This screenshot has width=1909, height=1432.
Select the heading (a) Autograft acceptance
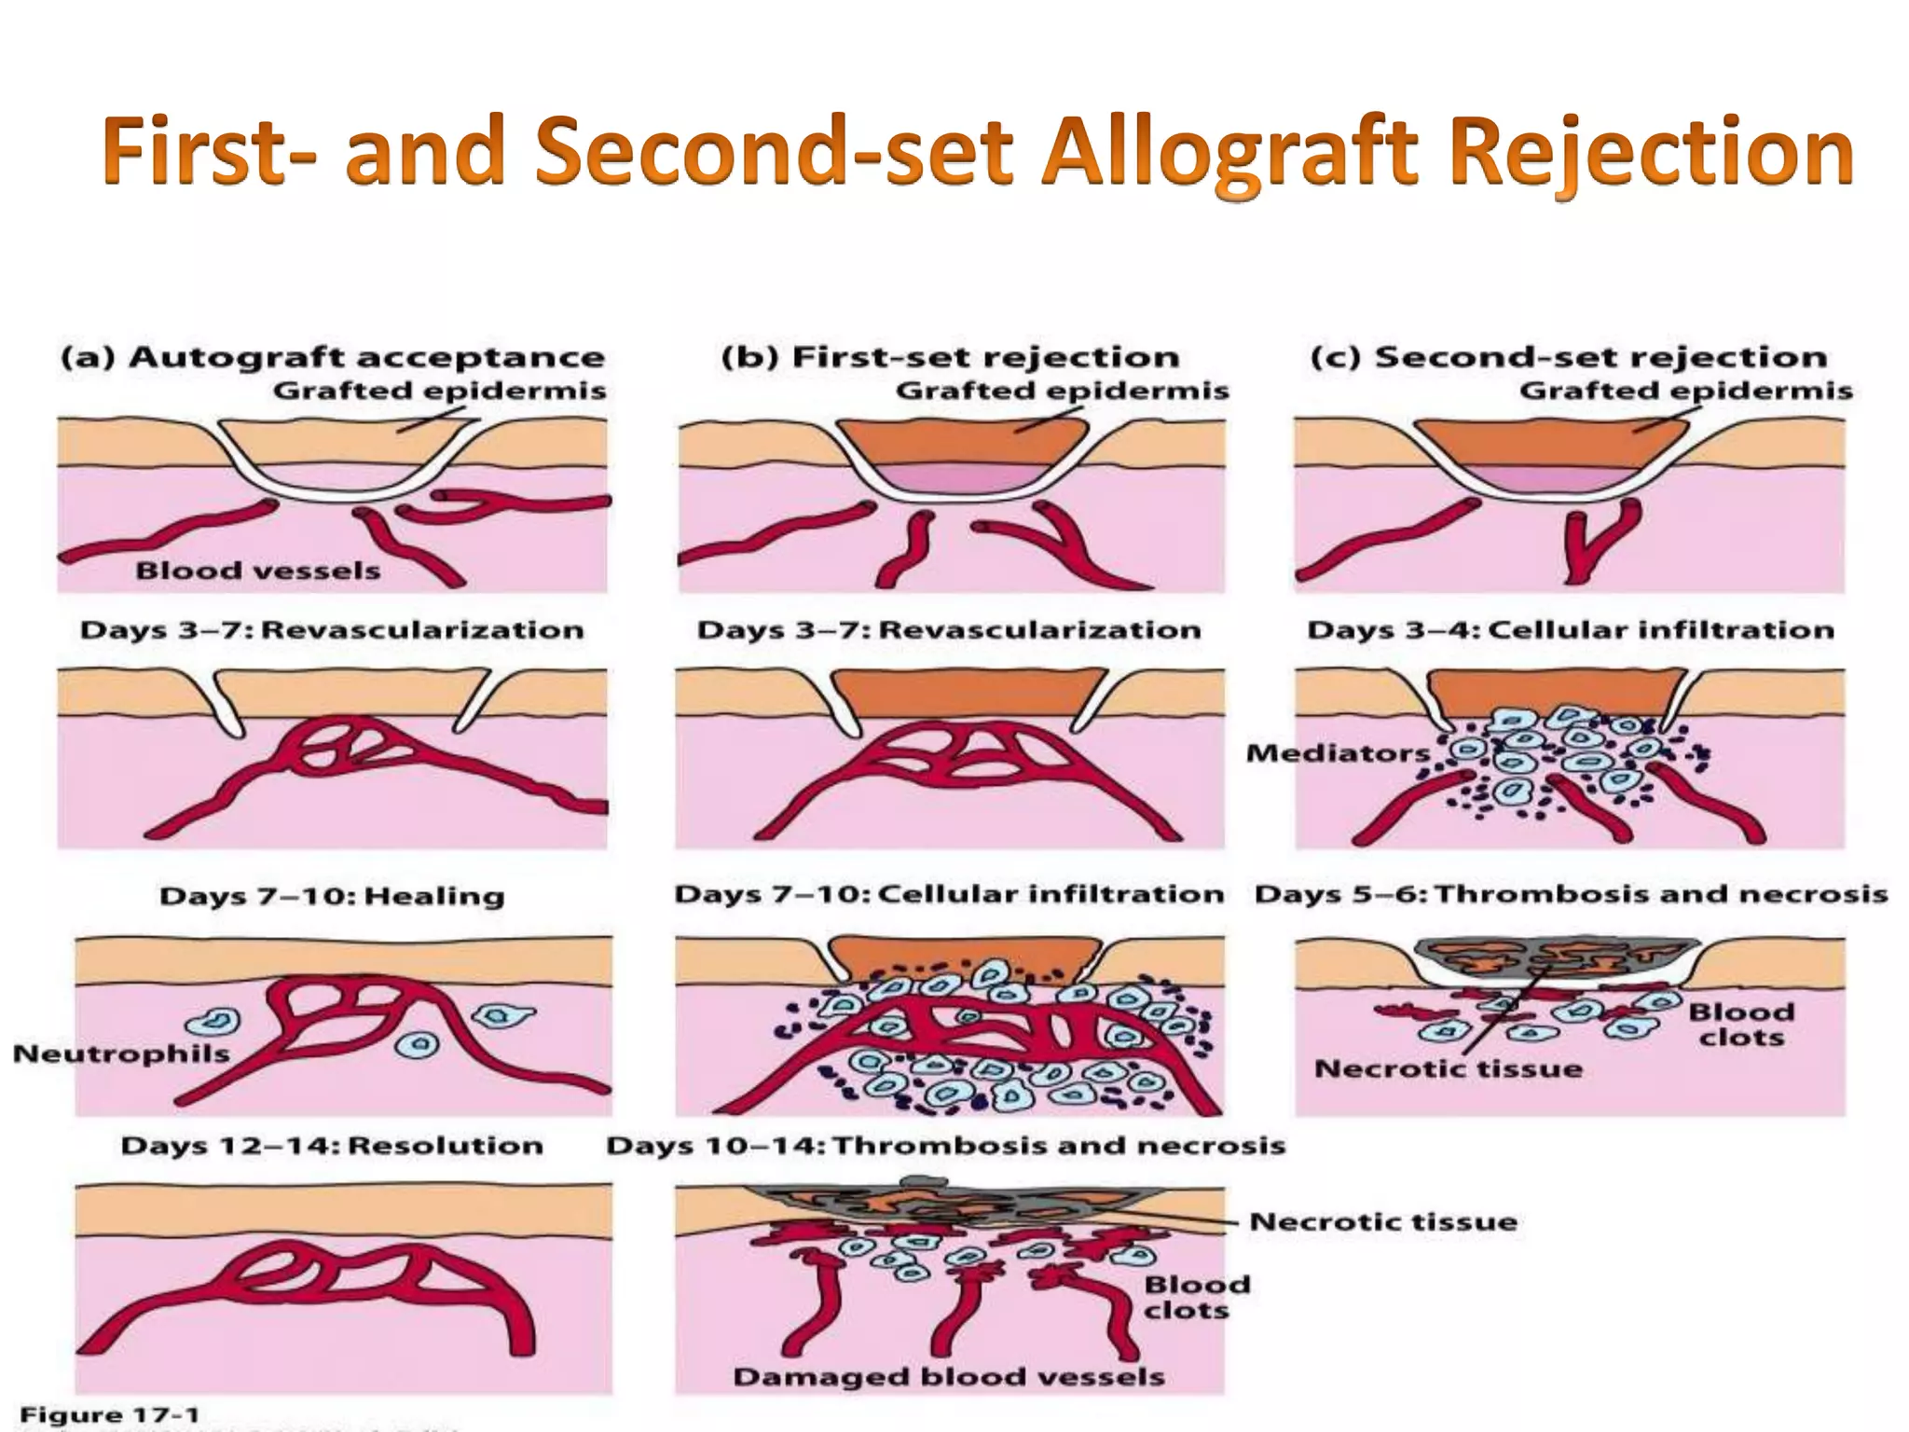(x=333, y=357)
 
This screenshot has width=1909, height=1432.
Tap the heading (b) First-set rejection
(x=950, y=357)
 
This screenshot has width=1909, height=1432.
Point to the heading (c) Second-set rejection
(x=1568, y=357)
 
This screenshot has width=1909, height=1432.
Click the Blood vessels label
(x=258, y=571)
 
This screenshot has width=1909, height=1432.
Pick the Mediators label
(x=1338, y=752)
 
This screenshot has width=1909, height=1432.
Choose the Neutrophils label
(x=121, y=1053)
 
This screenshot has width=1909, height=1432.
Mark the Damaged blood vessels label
(x=949, y=1376)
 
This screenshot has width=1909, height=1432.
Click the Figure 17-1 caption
(x=109, y=1415)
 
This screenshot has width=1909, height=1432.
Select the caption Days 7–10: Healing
(x=332, y=896)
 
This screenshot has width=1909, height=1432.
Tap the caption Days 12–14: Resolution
(x=332, y=1145)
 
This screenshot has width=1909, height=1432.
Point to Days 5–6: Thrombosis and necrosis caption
(x=1571, y=894)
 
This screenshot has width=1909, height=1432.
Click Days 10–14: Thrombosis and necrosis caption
(x=945, y=1145)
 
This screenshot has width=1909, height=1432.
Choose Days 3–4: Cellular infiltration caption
(x=1571, y=629)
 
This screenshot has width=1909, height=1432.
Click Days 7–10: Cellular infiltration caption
(x=949, y=894)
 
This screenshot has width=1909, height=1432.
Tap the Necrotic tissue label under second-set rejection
(x=1448, y=1068)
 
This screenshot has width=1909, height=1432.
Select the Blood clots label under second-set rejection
(x=1740, y=1025)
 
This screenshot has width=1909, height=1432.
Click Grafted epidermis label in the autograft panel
(x=439, y=391)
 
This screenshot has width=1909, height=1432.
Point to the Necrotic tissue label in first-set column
(x=1383, y=1221)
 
